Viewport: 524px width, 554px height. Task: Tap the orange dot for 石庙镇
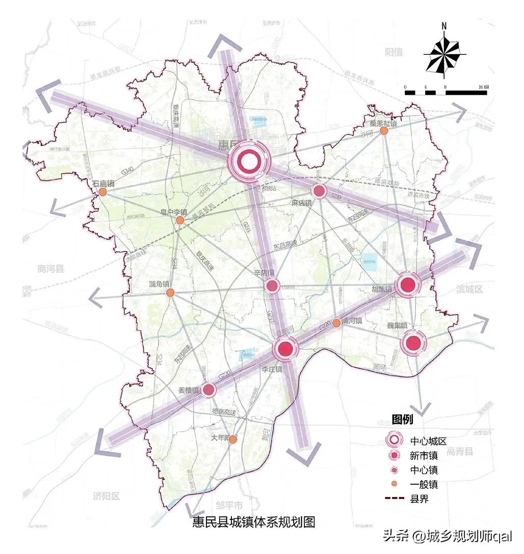click(102, 192)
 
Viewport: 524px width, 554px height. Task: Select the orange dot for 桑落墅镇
click(384, 131)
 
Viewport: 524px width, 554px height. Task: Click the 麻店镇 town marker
click(319, 191)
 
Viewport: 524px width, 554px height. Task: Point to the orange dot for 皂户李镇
click(180, 220)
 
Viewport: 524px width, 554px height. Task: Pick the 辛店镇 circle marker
click(272, 286)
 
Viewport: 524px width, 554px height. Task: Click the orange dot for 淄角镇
click(170, 292)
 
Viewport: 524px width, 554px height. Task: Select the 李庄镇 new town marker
click(285, 349)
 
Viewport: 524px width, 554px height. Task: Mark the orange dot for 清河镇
click(336, 323)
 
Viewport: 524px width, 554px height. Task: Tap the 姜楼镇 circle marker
click(208, 390)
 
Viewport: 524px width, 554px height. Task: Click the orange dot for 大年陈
click(233, 439)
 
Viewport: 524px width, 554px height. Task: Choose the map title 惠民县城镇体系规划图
click(254, 522)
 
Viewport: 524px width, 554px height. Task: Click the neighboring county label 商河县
click(51, 269)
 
